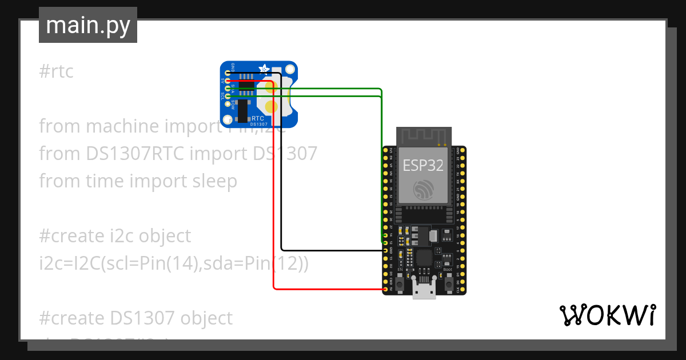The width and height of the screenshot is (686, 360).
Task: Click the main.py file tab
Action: [x=87, y=25]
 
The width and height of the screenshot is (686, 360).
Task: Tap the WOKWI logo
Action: [x=607, y=315]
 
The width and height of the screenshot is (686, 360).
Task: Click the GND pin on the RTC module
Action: [x=228, y=73]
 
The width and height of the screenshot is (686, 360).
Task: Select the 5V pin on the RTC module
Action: [x=228, y=81]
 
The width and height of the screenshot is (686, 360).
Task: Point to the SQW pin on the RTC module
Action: [x=228, y=104]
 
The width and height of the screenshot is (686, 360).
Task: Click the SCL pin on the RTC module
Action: [x=228, y=96]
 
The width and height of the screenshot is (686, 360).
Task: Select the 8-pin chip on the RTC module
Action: [x=246, y=86]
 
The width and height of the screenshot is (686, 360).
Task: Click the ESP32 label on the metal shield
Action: [x=423, y=165]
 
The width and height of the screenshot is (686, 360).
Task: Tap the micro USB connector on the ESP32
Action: [x=424, y=291]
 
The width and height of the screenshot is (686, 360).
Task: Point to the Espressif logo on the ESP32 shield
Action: [x=424, y=189]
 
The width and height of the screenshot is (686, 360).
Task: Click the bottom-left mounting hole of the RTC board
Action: [x=228, y=119]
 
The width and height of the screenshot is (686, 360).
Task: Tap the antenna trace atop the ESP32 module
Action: [x=424, y=136]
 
